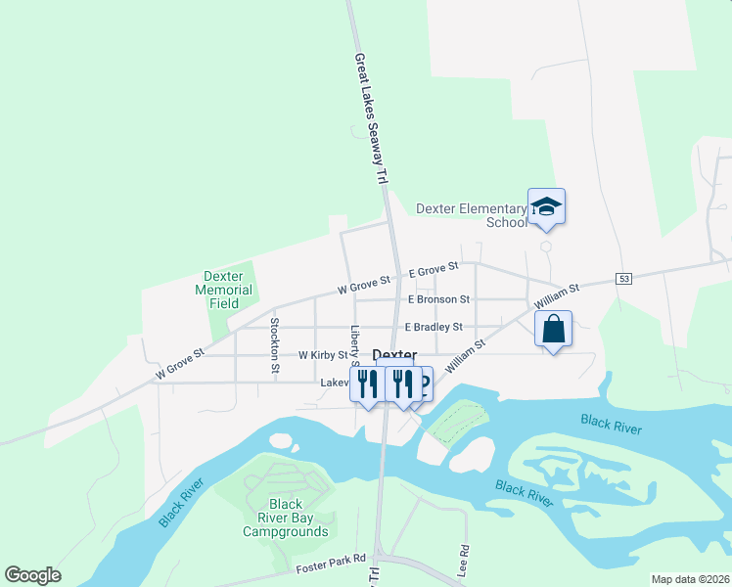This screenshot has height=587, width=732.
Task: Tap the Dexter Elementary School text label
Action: click(472, 215)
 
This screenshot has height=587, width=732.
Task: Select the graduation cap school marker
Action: click(546, 207)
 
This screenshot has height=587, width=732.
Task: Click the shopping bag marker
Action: click(553, 330)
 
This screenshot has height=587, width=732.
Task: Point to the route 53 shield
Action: click(623, 279)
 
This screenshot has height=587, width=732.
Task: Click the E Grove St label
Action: click(434, 268)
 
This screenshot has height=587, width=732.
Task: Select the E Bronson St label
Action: click(438, 299)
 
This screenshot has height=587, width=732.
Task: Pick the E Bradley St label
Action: click(433, 327)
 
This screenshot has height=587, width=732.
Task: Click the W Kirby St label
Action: click(323, 354)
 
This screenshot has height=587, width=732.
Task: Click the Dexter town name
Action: click(395, 356)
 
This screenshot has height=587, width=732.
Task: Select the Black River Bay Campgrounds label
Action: click(285, 519)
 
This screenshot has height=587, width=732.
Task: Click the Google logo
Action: click(32, 575)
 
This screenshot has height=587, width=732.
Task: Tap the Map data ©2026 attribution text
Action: click(690, 579)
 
